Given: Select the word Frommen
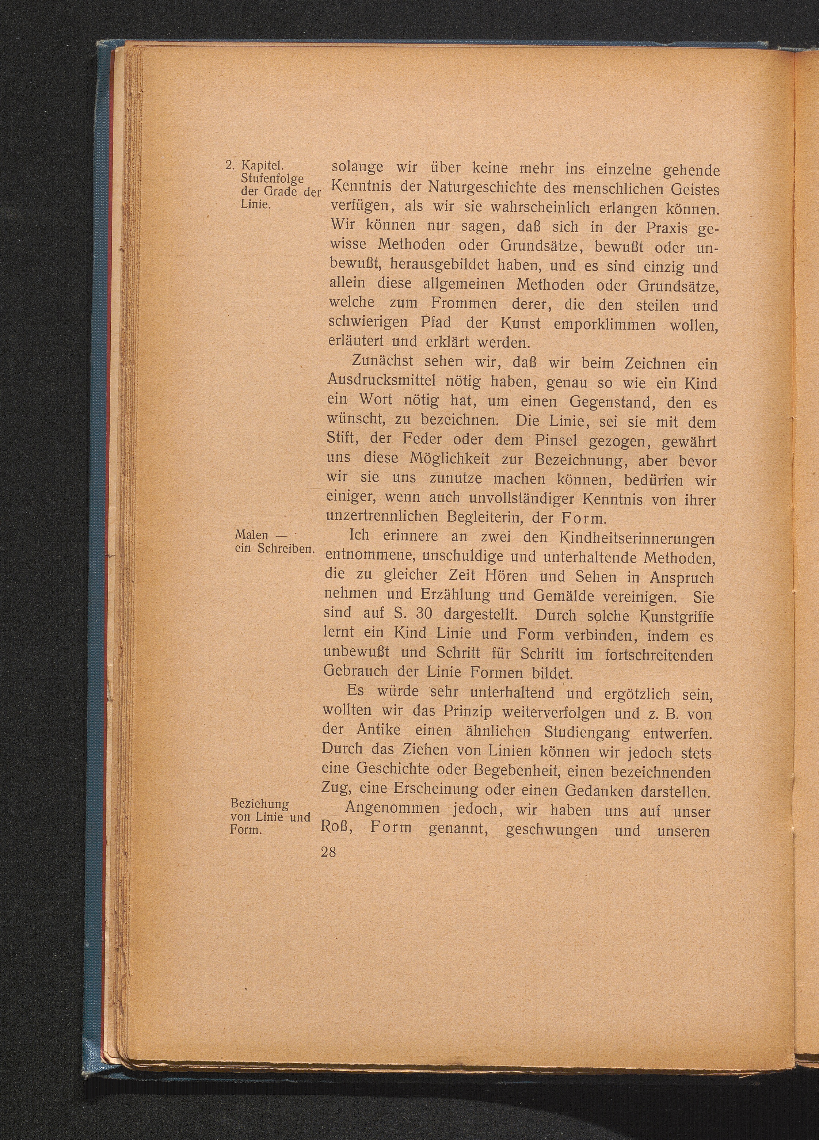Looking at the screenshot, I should [463, 304].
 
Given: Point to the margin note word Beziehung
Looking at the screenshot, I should [259, 804].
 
